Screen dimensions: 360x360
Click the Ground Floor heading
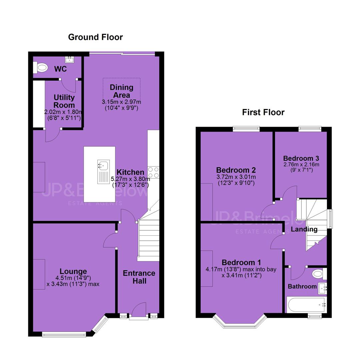[96, 37]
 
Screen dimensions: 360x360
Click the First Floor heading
[263, 112]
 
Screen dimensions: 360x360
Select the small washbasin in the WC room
[70, 60]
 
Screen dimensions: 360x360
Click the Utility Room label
[64, 101]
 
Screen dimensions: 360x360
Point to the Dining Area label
[121, 91]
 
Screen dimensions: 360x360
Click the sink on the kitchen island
[104, 172]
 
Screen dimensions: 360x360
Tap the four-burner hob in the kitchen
[153, 172]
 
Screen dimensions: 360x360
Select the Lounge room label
[73, 271]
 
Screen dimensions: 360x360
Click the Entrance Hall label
[139, 277]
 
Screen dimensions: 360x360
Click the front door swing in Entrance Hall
[139, 309]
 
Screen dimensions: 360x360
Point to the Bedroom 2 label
[236, 170]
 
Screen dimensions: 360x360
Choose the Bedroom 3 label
[301, 158]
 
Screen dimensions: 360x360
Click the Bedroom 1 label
[242, 262]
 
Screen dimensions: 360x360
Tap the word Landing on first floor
[304, 229]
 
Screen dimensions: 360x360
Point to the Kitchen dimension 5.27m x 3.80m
[130, 179]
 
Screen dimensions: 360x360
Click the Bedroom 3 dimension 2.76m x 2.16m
[301, 164]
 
